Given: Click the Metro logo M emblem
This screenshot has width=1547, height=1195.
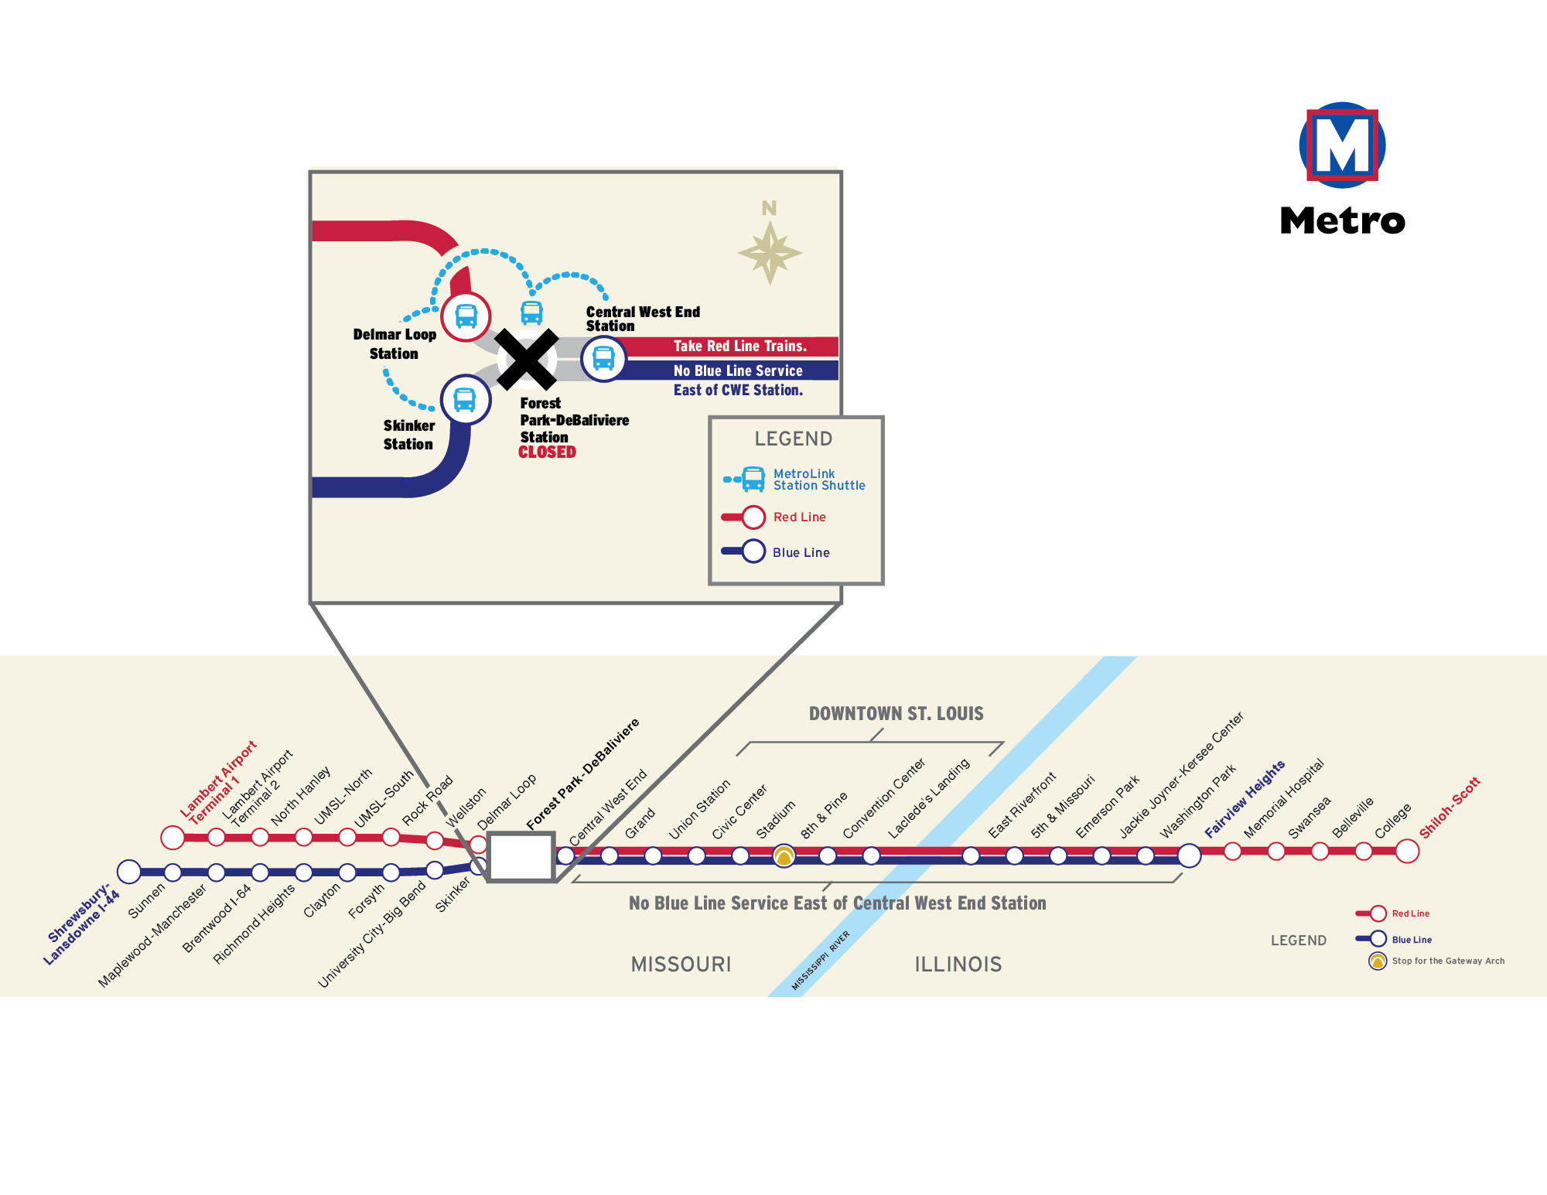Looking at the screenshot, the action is coord(1342,145).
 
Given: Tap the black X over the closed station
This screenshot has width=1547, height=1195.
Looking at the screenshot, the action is coord(527,360).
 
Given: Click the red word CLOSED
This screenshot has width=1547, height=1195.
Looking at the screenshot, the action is coord(547,452).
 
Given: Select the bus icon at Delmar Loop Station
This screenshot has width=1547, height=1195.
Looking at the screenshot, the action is coord(466,316).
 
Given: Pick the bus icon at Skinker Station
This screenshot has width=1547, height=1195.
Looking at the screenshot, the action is coord(465,400).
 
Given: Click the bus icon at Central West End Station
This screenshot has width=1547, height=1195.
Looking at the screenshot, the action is coord(603,358).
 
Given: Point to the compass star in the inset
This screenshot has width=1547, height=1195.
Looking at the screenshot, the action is coord(770,253).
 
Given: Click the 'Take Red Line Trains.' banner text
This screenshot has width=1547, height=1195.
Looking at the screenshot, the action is coord(740,347).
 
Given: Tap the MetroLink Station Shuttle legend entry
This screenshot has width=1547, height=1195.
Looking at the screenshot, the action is coord(794,480).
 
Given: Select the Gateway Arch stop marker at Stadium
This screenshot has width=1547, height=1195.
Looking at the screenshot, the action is coord(784,856).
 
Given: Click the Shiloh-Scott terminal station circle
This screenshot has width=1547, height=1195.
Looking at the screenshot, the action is coord(1407,851).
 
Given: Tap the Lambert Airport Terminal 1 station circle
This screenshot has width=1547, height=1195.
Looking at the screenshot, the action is coord(172,837).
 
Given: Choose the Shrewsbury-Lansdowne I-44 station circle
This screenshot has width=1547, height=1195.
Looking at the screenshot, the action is coord(129,872).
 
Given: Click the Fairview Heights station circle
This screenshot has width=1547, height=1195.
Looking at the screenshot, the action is coord(1189,855).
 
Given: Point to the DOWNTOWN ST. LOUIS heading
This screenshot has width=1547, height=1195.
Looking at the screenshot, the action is coord(896,714).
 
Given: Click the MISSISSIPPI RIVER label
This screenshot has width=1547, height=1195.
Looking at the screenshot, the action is coord(821,960).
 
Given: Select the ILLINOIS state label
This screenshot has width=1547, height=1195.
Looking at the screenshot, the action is coord(958,965).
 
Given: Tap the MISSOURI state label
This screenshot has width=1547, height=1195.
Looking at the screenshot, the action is coord(681,965).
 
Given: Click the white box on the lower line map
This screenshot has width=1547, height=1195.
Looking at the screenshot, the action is coord(521,857).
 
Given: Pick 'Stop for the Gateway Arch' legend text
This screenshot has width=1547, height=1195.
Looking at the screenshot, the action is coord(1449,961).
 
